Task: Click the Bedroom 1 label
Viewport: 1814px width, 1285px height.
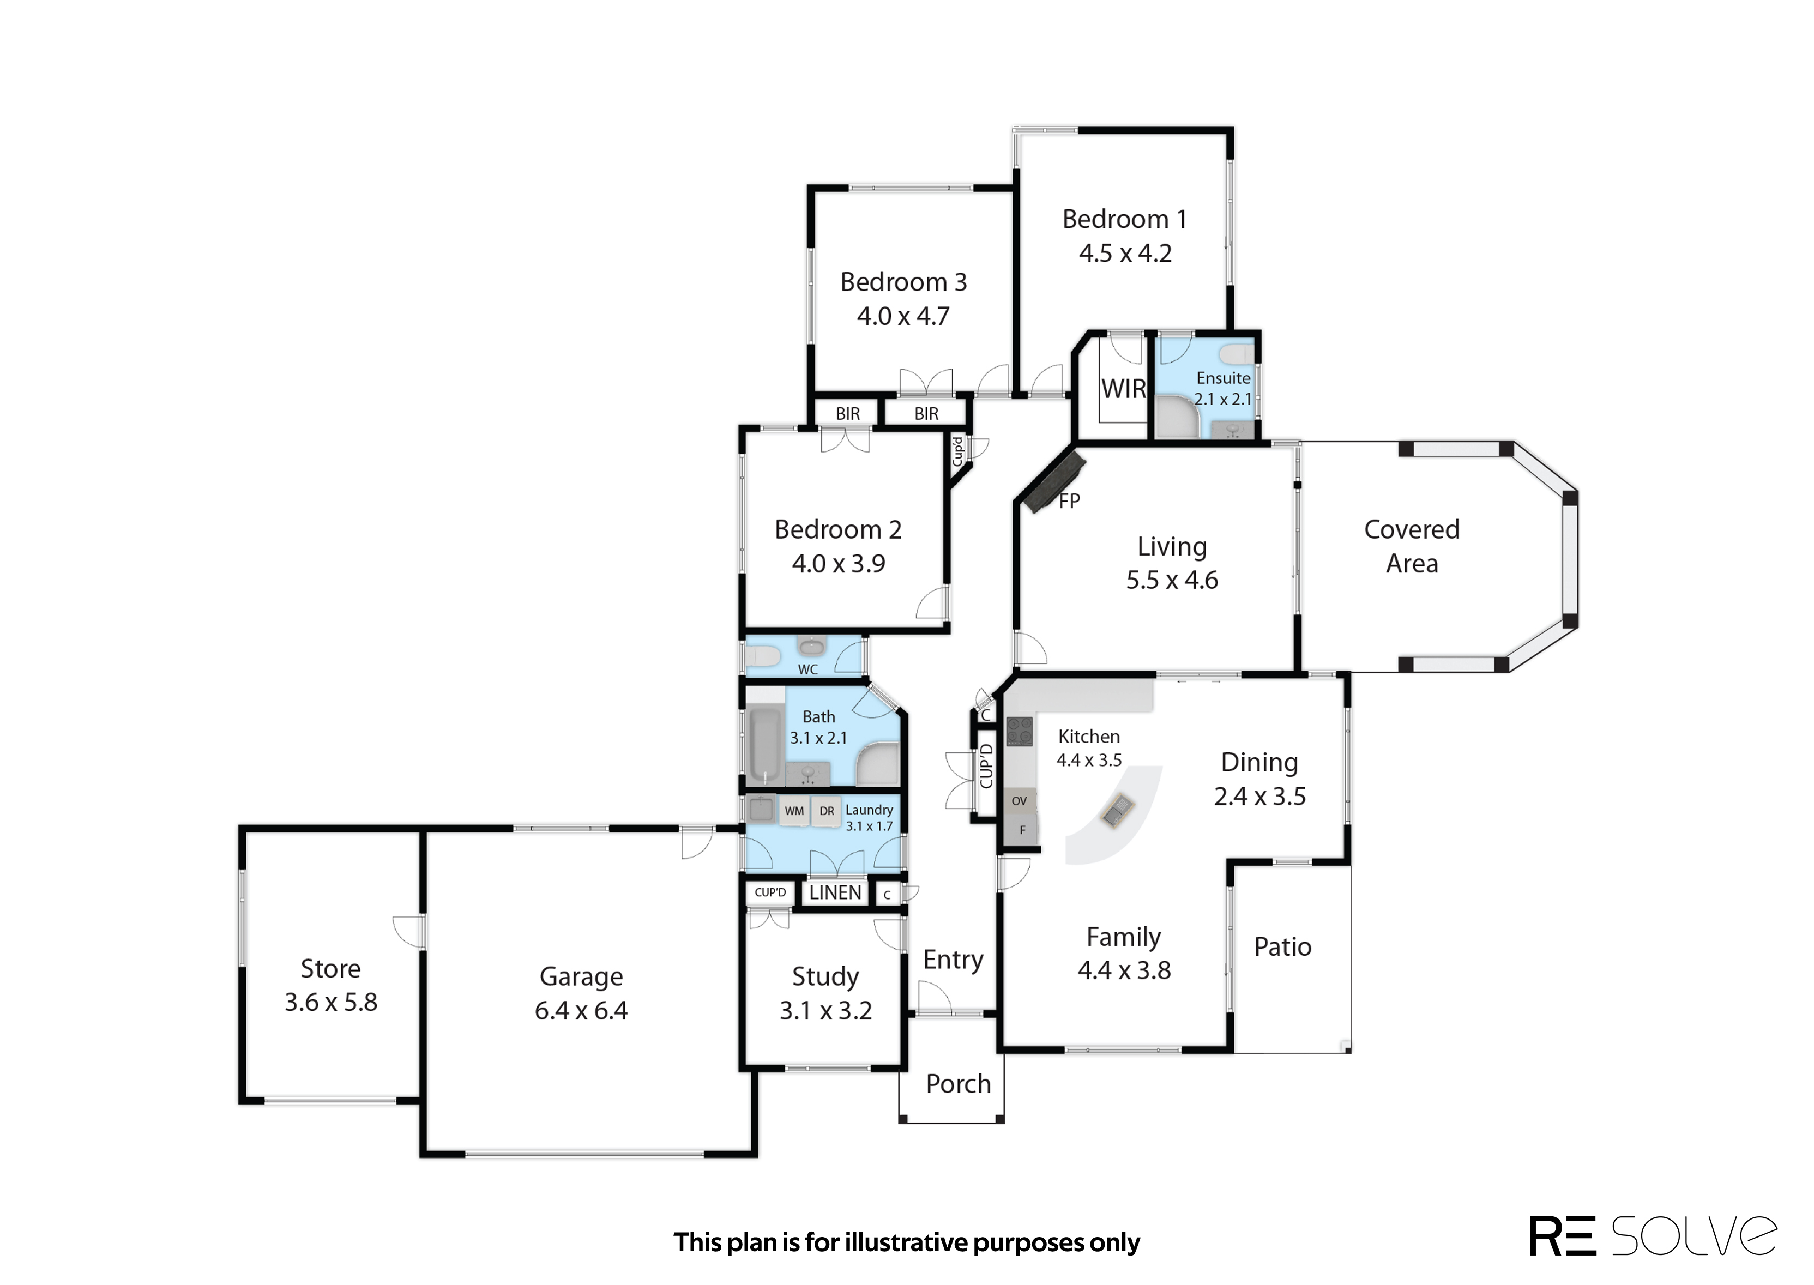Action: click(1124, 219)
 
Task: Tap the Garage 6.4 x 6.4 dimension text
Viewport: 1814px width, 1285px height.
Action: click(581, 1010)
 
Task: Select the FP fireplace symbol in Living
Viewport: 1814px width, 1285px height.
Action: click(1054, 481)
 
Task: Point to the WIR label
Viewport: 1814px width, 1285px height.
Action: click(1123, 389)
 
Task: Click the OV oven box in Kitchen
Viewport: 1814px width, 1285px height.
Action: click(1020, 801)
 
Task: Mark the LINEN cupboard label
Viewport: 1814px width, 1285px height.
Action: click(835, 892)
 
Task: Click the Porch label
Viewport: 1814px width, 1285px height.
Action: click(958, 1084)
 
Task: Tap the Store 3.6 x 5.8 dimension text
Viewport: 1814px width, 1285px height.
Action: click(330, 1003)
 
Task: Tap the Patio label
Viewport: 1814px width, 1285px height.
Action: click(1282, 947)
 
